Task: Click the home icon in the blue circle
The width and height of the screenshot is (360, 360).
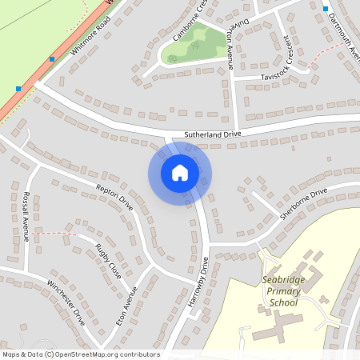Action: pyautogui.click(x=180, y=172)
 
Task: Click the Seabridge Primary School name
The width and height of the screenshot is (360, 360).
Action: pyautogui.click(x=290, y=292)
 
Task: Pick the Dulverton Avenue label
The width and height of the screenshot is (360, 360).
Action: pyautogui.click(x=232, y=45)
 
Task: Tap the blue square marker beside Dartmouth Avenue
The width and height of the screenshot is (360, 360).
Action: pyautogui.click(x=326, y=8)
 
